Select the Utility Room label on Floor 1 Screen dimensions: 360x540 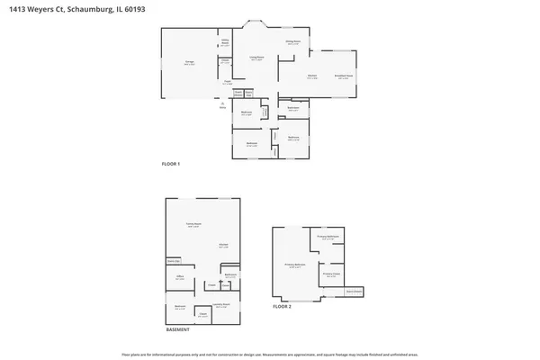pos(225,42)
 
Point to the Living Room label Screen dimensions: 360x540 pos(257,58)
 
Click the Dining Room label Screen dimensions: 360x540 pos(293,42)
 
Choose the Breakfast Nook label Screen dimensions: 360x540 pos(343,77)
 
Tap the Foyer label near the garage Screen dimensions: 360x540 pos(229,83)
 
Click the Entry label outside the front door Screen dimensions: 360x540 pos(222,106)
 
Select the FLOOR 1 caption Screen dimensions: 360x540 pos(171,164)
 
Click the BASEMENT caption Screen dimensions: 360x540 pos(178,329)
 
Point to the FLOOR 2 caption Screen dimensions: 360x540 pos(283,306)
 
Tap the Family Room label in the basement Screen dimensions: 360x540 pos(193,226)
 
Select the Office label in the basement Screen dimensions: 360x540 pos(180,277)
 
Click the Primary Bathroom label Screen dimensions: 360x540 pos(328,238)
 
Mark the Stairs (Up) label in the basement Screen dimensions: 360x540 pos(171,262)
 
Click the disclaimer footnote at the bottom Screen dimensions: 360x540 pos(270,353)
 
